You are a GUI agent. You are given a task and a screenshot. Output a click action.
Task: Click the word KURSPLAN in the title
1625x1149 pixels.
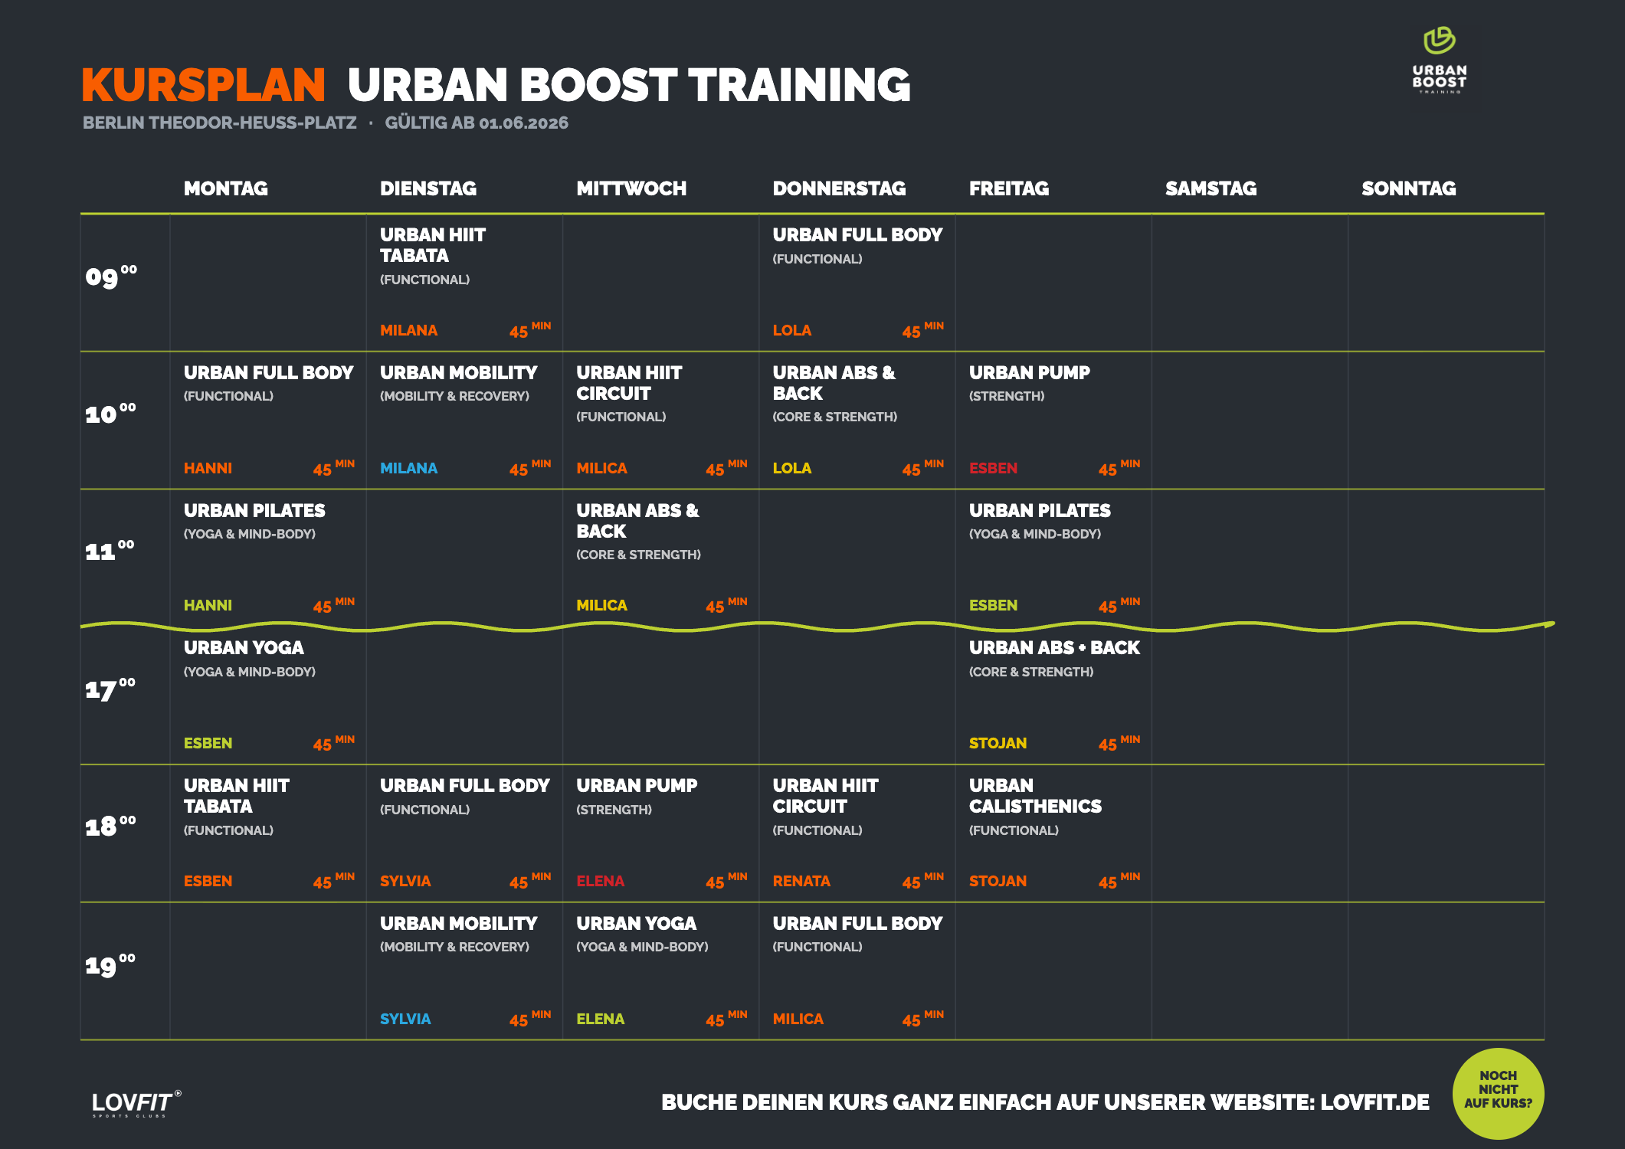(204, 84)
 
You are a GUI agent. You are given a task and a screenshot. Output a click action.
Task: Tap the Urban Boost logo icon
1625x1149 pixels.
(1440, 41)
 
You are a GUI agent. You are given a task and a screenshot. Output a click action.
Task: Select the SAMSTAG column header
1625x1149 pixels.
(1211, 188)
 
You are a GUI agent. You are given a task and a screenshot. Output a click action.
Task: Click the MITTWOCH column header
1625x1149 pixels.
(631, 188)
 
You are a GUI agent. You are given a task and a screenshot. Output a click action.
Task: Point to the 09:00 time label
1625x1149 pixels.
(111, 275)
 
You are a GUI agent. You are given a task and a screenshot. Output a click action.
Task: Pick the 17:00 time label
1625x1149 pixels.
(110, 689)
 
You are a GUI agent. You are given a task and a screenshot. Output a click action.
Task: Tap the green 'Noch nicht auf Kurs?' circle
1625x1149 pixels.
(1498, 1093)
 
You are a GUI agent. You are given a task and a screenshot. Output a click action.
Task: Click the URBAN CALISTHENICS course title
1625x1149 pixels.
(1035, 796)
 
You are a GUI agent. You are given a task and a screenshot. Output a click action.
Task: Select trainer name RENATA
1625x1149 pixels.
(801, 881)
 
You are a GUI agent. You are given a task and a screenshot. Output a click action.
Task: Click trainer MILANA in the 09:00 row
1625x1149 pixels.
(408, 330)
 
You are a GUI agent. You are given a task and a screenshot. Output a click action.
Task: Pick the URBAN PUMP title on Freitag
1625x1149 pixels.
(1029, 373)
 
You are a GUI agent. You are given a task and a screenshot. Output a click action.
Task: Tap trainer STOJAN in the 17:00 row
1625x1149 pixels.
(998, 743)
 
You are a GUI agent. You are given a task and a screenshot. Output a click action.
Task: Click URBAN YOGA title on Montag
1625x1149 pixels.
(244, 648)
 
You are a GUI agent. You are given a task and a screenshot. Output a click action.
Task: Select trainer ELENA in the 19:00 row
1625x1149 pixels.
(600, 1019)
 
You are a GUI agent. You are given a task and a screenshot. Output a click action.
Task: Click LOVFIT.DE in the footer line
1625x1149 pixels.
(1374, 1102)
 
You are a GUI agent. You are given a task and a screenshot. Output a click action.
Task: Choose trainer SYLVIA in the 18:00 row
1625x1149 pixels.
(405, 881)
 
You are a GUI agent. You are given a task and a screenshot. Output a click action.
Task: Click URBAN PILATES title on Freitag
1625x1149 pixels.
(1040, 511)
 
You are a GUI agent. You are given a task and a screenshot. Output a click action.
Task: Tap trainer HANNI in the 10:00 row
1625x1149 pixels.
(208, 468)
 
